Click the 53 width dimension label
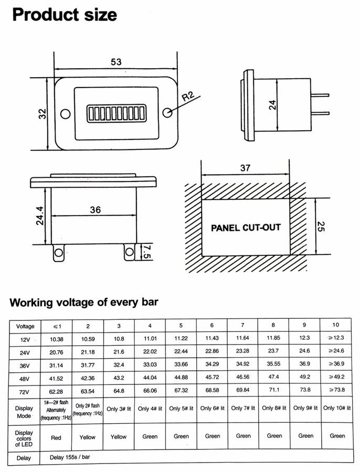(x=116, y=62)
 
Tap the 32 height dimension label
(x=42, y=113)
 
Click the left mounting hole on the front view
(x=66, y=113)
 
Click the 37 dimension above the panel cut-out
(x=245, y=167)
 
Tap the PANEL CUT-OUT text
(x=246, y=228)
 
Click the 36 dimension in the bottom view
(x=94, y=209)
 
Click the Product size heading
(x=64, y=15)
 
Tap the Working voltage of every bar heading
(x=84, y=303)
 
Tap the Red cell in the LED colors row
(x=57, y=436)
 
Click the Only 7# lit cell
(x=243, y=408)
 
